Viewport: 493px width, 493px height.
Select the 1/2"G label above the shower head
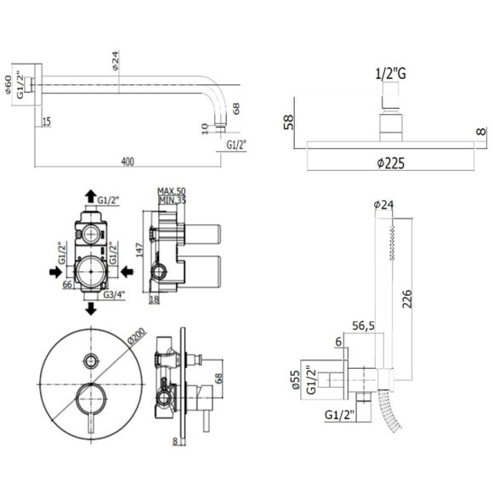point(390,74)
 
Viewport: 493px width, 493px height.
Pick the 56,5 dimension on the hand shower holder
point(363,325)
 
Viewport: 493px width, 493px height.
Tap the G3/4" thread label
point(108,294)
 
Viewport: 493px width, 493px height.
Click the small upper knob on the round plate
point(89,355)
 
